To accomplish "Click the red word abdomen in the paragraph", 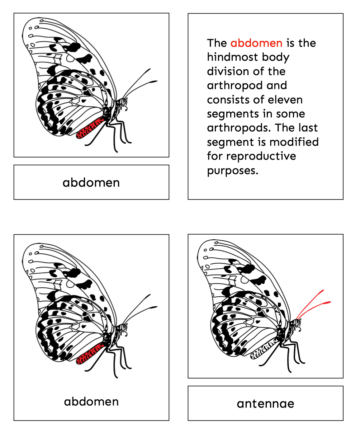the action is click(x=256, y=43).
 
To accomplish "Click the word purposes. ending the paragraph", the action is click(x=232, y=171).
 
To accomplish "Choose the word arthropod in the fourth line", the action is click(x=235, y=86).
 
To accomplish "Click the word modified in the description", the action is click(x=294, y=142).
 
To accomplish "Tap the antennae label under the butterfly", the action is click(x=265, y=404).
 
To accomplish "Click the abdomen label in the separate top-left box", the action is click(x=91, y=183).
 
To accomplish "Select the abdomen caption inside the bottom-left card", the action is click(x=91, y=402).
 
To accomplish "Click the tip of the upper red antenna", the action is click(x=323, y=290).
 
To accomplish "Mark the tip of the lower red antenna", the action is click(x=330, y=302).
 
